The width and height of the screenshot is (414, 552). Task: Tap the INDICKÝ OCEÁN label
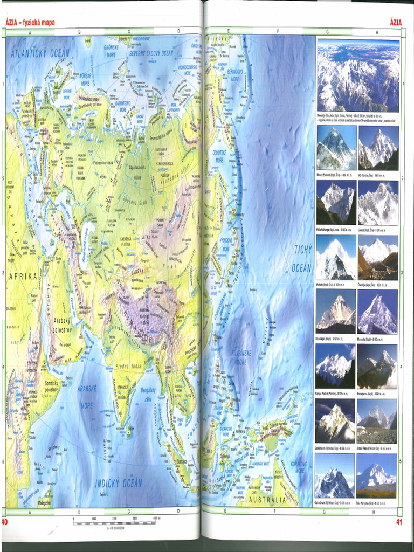coord(119,482)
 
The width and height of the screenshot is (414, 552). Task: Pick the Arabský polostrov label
coord(62,324)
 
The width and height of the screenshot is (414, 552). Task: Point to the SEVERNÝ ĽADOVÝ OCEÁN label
coord(151,53)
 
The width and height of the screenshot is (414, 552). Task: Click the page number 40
coord(4,522)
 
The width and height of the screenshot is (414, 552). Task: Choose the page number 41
coord(399,522)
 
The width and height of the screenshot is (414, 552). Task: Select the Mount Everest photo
coord(336,148)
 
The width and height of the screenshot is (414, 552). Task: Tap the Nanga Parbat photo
coord(335,366)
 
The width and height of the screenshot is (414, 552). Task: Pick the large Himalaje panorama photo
coord(358,75)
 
